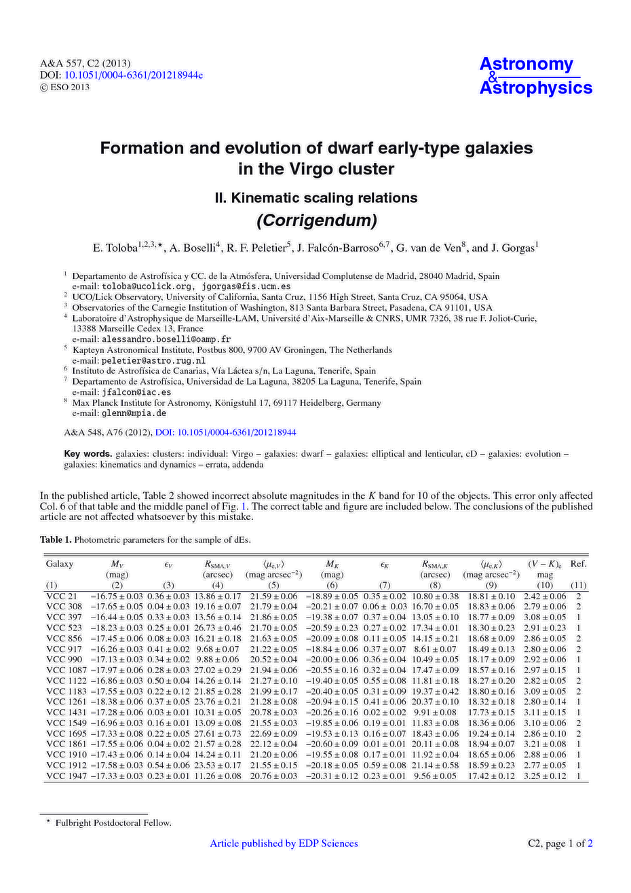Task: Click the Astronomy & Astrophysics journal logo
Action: click(535, 76)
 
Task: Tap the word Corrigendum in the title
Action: click(315, 221)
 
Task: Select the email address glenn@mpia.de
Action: click(134, 413)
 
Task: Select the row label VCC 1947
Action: click(66, 776)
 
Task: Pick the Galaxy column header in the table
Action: click(60, 564)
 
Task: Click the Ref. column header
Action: click(578, 564)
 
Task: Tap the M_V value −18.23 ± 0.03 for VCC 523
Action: click(117, 628)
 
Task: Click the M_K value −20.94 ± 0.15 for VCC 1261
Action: click(332, 702)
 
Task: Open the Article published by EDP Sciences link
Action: click(284, 843)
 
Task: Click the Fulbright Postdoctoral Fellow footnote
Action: click(113, 823)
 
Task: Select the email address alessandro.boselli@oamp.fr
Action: click(166, 339)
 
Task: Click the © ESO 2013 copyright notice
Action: click(65, 87)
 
